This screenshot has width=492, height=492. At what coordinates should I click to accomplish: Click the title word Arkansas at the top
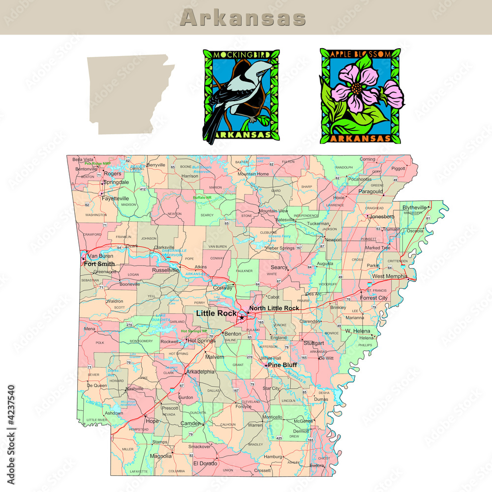pyautogui.click(x=243, y=18)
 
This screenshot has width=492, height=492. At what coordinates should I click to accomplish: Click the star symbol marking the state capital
pyautogui.click(x=242, y=318)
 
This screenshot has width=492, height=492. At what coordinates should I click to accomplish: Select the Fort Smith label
pyautogui.click(x=99, y=264)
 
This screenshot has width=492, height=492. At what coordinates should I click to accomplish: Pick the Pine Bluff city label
pyautogui.click(x=282, y=365)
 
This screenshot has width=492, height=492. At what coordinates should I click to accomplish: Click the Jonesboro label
pyautogui.click(x=382, y=216)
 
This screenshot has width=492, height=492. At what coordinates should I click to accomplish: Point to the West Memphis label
pyautogui.click(x=390, y=277)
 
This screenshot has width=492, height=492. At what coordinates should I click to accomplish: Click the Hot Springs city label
pyautogui.click(x=201, y=340)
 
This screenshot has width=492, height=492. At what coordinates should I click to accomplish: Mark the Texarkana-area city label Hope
pyautogui.click(x=153, y=421)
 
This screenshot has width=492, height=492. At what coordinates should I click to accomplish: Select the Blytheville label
pyautogui.click(x=414, y=208)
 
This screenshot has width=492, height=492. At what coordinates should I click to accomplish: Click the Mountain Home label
pyautogui.click(x=253, y=174)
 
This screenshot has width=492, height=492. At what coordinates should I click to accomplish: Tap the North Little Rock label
pyautogui.click(x=274, y=308)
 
